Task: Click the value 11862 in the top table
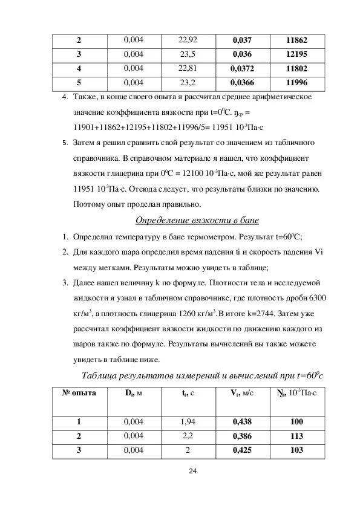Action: point(297,41)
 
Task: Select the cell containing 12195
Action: point(297,54)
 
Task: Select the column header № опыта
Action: point(79,394)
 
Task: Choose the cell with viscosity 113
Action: point(296,435)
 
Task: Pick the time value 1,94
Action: point(188,421)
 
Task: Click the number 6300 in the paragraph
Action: point(318,298)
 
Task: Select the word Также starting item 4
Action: point(85,97)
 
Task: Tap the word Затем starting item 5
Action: point(85,143)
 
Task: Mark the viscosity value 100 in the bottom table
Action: point(296,421)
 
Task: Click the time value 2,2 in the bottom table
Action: point(188,435)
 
